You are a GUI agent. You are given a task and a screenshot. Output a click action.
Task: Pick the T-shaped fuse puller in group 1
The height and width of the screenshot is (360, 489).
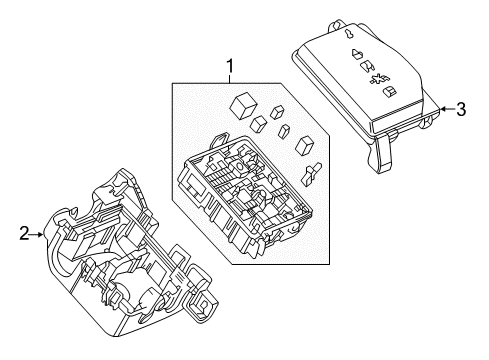[312, 172]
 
